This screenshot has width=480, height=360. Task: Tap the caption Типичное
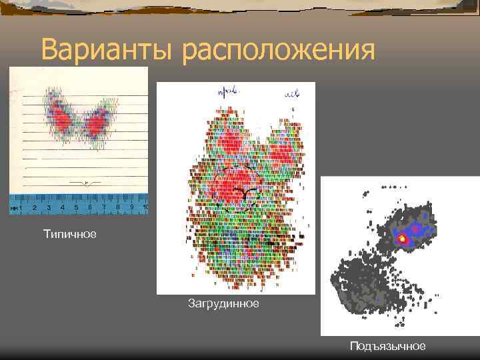pyautogui.click(x=69, y=234)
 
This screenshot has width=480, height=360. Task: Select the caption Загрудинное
pyautogui.click(x=223, y=303)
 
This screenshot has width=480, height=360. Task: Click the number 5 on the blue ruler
pyautogui.click(x=75, y=207)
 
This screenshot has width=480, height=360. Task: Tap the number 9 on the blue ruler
pyautogui.click(x=131, y=207)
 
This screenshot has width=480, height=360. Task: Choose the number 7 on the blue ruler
pyautogui.click(x=103, y=207)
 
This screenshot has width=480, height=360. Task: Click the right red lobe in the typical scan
pyautogui.click(x=99, y=121)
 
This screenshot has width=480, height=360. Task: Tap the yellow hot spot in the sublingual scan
pyautogui.click(x=402, y=237)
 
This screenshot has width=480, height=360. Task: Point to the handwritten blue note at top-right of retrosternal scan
pyautogui.click(x=291, y=94)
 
